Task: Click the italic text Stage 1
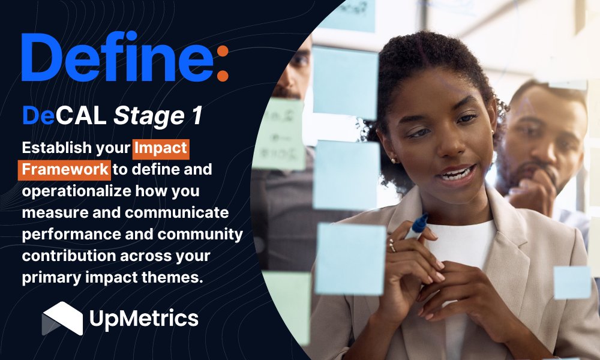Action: pos(158,115)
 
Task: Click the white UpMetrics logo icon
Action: pos(62,318)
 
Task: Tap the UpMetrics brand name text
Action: pos(143,319)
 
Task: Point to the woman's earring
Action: pos(394,161)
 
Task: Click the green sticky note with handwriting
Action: pos(277,134)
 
